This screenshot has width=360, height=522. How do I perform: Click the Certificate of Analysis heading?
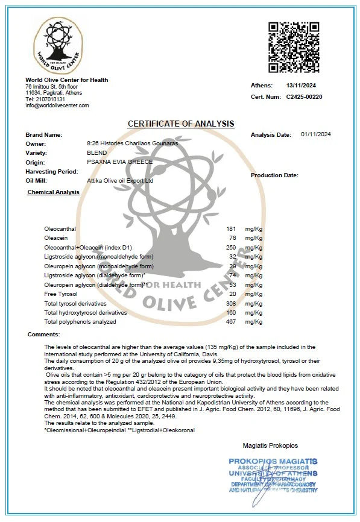click(x=181, y=124)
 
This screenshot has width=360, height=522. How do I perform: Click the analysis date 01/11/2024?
click(x=316, y=134)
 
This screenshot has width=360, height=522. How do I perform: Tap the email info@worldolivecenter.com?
click(x=57, y=105)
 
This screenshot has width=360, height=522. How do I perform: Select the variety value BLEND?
click(x=97, y=153)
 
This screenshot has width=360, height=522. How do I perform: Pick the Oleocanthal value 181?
click(x=230, y=229)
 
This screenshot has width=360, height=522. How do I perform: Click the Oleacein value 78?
click(x=232, y=238)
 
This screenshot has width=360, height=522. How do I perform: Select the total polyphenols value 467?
click(x=230, y=321)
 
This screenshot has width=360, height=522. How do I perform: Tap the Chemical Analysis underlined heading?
click(x=53, y=192)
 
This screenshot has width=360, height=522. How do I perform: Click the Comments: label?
click(x=43, y=334)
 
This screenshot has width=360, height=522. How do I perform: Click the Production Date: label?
click(x=274, y=175)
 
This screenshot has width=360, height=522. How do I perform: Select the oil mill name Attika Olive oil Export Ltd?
click(x=120, y=180)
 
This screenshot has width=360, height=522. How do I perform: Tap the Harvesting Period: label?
click(x=52, y=171)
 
